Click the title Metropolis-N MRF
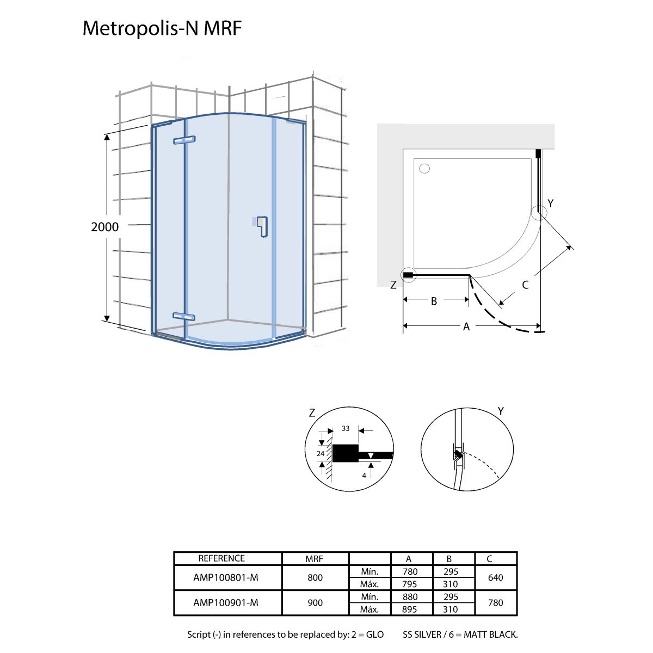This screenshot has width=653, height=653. (162, 29)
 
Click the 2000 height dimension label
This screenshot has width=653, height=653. (104, 226)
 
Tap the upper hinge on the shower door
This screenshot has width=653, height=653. (183, 140)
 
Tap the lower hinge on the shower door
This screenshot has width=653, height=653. (183, 316)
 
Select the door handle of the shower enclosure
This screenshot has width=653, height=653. (262, 226)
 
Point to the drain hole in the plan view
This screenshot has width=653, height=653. (425, 168)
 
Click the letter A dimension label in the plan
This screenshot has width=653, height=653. (466, 326)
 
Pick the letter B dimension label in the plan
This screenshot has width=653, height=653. (434, 300)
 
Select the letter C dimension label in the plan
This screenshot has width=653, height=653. (525, 285)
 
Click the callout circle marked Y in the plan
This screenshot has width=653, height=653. (539, 212)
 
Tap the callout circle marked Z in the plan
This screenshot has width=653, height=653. (408, 275)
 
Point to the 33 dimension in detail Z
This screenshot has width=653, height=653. (346, 428)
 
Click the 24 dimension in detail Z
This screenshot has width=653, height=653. (321, 453)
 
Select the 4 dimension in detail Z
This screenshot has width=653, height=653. (364, 475)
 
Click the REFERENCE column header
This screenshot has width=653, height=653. (221, 558)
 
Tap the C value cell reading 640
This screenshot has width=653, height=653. (495, 577)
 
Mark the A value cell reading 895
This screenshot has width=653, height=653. (409, 609)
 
